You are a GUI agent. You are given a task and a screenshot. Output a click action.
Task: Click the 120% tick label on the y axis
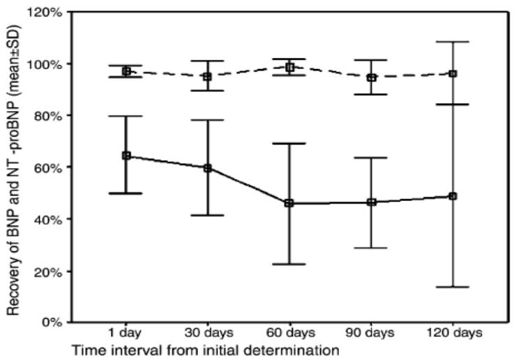[45, 12]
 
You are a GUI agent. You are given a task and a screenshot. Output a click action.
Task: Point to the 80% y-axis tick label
[48, 115]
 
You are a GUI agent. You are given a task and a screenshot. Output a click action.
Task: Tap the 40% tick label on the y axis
[48, 218]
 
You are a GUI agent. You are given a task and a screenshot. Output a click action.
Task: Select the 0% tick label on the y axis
[51, 322]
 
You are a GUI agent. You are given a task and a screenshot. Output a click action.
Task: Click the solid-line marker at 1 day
[126, 156]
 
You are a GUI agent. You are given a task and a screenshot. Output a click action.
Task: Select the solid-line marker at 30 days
[208, 168]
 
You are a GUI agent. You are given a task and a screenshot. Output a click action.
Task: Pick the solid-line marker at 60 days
[289, 203]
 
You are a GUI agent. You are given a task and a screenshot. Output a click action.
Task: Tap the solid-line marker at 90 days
[371, 202]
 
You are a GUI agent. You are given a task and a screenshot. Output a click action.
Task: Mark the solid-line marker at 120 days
[453, 196]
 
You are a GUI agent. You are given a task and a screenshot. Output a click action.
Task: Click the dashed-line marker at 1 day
[126, 71]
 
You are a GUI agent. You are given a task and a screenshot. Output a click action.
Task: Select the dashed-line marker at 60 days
[289, 67]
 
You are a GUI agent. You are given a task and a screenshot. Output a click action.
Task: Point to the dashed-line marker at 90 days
[371, 77]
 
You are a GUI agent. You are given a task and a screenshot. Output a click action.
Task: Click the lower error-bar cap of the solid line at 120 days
[453, 287]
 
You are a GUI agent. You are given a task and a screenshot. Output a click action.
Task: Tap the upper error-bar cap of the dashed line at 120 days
[453, 42]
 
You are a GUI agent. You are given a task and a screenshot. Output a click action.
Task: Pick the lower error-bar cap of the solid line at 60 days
[289, 264]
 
